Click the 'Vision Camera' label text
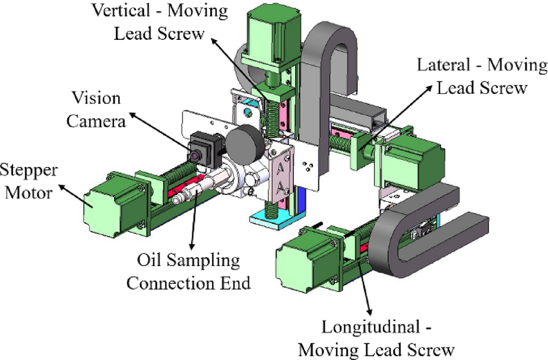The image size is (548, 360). pyautogui.click(x=96, y=109)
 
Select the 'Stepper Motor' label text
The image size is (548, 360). pyautogui.click(x=28, y=182)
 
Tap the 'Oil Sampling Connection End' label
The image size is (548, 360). pyautogui.click(x=188, y=271)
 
